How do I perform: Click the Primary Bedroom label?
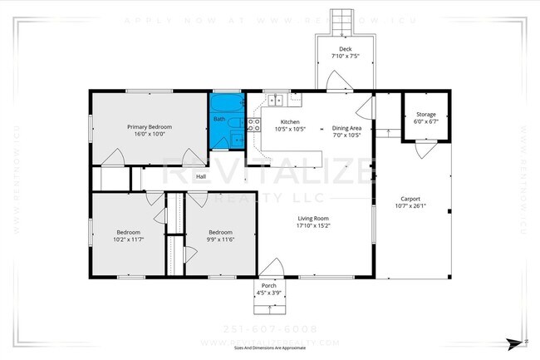(x=149, y=126)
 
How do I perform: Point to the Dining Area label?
(x=346, y=128)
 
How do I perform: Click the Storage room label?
(x=426, y=114)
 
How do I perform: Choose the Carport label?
(x=410, y=199)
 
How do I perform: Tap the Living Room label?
(x=314, y=218)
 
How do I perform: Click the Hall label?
(x=201, y=176)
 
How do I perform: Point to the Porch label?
(x=268, y=286)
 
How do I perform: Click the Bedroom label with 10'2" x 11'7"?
(x=128, y=232)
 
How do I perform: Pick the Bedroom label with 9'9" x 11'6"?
(x=219, y=232)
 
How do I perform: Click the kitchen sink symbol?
(x=277, y=101)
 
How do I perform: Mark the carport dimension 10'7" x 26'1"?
(x=410, y=206)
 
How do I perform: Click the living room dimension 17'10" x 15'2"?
(x=314, y=225)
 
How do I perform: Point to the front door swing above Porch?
(x=270, y=267)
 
